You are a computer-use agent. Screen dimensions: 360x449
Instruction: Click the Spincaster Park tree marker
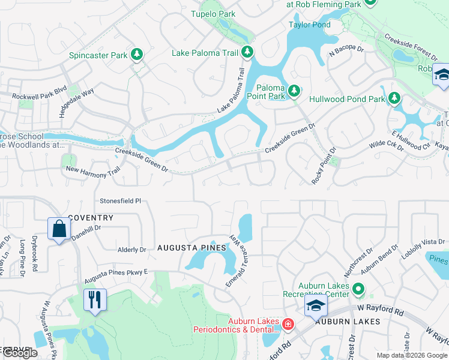coord(137,55)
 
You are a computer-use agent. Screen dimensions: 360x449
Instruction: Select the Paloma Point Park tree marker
coord(294,91)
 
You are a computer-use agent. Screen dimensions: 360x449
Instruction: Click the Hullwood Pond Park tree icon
coord(394,98)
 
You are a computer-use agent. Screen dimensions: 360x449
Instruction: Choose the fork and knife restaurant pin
coord(94,299)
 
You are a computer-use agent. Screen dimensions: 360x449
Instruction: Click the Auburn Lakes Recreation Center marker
coord(358,289)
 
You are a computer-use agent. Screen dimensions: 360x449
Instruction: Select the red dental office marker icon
coord(288,325)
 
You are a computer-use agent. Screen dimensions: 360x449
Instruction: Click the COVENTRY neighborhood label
coord(91,217)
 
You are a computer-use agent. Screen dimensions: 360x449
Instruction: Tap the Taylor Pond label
coord(309,25)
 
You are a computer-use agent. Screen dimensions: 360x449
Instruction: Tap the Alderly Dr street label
coord(132,250)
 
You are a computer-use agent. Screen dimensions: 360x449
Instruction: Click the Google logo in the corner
coord(20,353)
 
